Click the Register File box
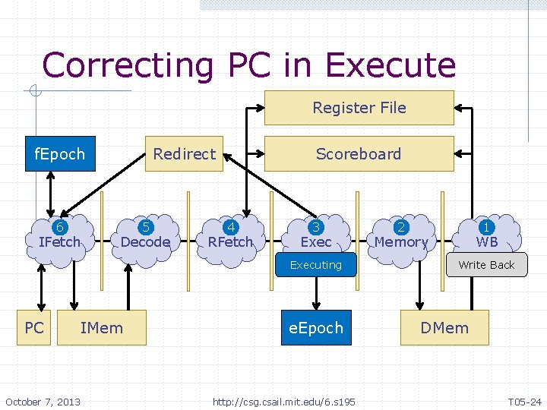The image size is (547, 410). point(359,108)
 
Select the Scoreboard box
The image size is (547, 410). point(359,154)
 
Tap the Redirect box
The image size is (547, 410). point(184,154)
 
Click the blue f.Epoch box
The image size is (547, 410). point(60,154)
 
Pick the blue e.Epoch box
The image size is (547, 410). point(316,328)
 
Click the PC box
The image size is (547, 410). point(34,328)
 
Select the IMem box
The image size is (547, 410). point(102,328)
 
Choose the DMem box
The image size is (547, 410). point(444,328)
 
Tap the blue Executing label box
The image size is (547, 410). point(316,265)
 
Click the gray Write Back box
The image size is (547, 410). point(486,265)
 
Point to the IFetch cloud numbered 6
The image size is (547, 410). point(59,235)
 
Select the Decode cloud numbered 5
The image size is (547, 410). point(145,235)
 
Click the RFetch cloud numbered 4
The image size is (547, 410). point(230,235)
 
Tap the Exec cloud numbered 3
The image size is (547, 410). point(316,235)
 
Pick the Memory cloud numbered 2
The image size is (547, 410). point(401,235)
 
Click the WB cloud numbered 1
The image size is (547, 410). point(486,235)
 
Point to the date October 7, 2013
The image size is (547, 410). point(43,401)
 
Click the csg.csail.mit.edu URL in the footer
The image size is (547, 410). point(283,401)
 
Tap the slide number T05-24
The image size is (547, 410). point(524,401)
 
